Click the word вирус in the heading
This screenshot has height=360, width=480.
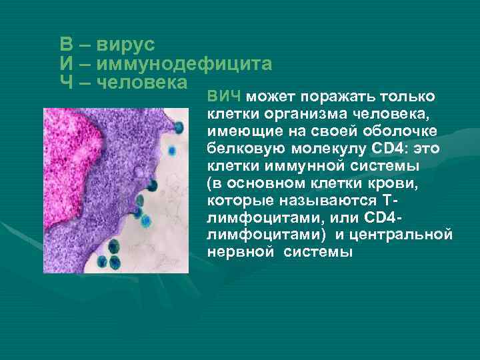coord(126,45)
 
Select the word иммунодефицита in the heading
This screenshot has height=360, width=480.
coord(184,64)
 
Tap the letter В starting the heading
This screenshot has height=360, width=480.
coord(66,45)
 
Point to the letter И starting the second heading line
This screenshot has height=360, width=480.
coord(66,64)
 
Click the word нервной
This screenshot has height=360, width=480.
coord(241,253)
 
